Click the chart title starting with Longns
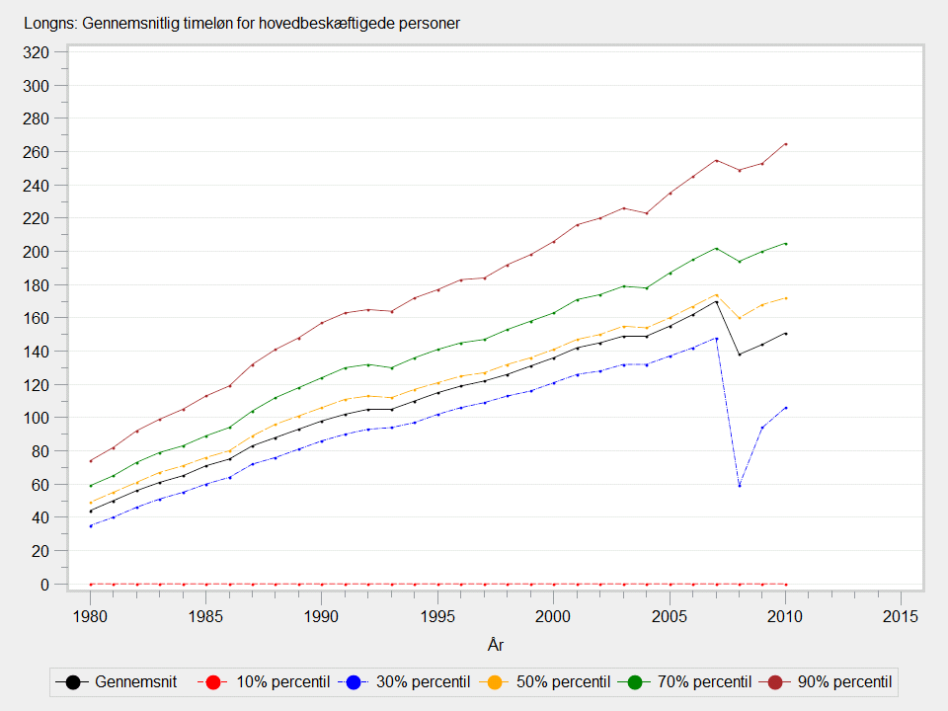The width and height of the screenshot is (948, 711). [241, 22]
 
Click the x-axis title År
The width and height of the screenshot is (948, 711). [495, 645]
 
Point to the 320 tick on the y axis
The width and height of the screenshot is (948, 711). [37, 52]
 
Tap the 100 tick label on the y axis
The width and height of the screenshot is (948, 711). [37, 418]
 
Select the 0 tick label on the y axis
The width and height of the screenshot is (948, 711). [43, 585]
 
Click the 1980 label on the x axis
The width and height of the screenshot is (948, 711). [90, 615]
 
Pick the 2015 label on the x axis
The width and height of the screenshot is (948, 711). [901, 615]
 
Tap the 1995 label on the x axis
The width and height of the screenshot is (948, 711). [437, 615]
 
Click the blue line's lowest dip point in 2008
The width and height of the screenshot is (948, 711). [739, 485]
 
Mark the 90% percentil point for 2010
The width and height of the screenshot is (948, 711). [785, 144]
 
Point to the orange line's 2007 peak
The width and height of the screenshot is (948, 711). [716, 294]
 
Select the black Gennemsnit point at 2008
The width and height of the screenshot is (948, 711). [739, 355]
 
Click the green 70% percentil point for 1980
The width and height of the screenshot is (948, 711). [90, 486]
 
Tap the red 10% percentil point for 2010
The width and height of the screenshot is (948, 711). [785, 584]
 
